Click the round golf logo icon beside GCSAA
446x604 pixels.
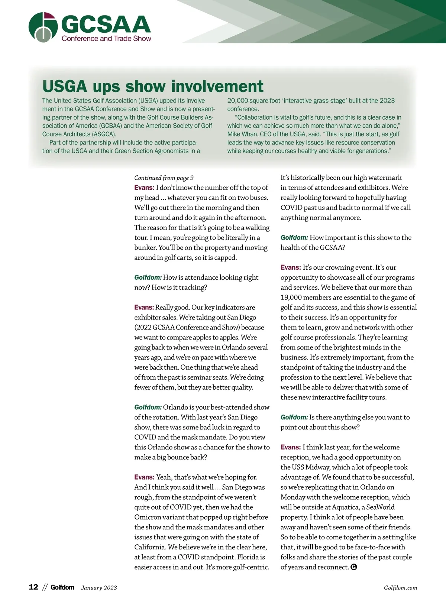tap(43, 27)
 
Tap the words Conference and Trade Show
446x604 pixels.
tap(106, 38)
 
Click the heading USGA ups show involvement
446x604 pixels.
tap(153, 86)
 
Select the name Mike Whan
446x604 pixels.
tap(240, 134)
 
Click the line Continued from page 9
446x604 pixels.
tap(164, 178)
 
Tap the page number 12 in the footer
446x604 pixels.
tap(33, 587)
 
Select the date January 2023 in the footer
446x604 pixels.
tap(99, 588)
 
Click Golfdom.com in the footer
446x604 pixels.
tap(400, 588)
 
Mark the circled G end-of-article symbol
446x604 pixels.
tap(354, 567)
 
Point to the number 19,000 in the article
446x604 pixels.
tap(293, 298)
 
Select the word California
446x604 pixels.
tap(150, 547)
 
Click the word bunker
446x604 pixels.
tap(145, 248)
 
